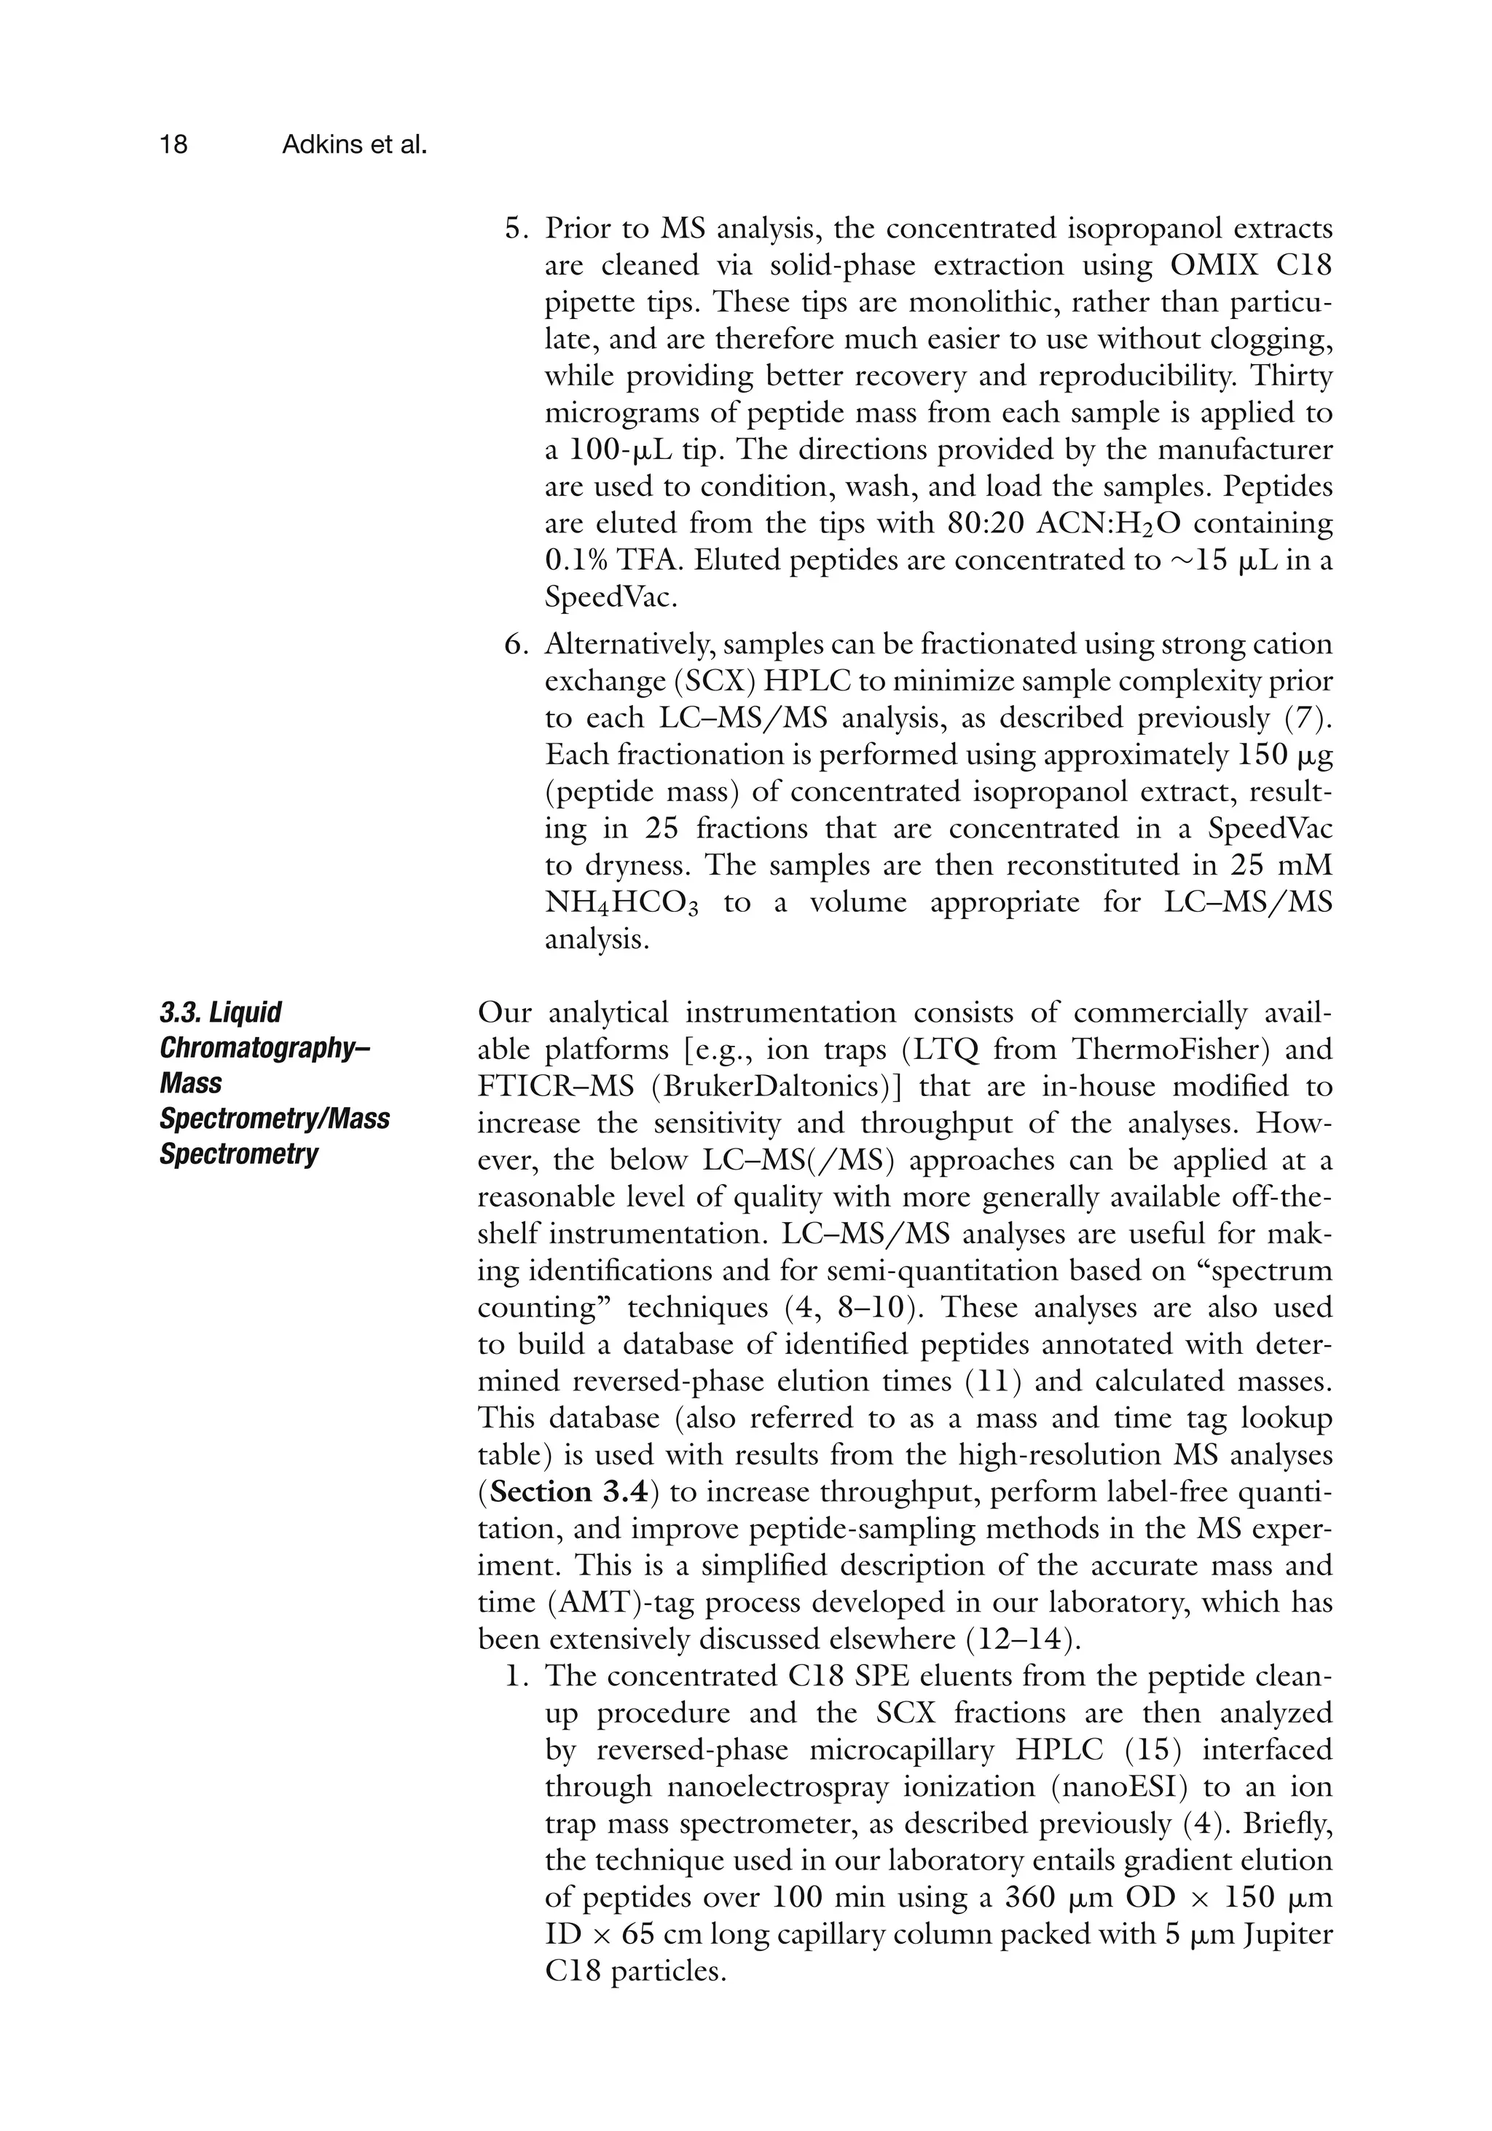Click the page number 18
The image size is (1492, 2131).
click(x=173, y=145)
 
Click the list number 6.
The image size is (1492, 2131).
click(x=515, y=644)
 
